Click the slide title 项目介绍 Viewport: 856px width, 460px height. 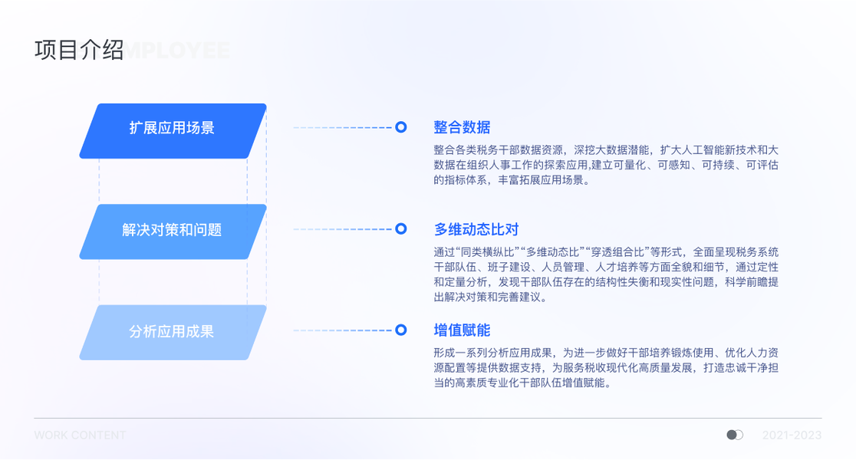point(79,51)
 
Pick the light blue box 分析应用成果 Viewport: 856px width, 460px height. point(173,332)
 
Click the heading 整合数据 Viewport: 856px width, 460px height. point(462,127)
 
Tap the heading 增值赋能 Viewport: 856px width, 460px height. point(462,330)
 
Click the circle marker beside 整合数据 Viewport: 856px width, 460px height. point(400,127)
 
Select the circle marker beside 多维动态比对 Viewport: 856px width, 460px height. point(400,228)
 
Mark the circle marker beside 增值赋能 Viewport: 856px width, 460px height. point(400,330)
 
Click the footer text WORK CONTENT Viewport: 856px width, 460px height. point(80,435)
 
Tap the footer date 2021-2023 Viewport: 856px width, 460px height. point(792,435)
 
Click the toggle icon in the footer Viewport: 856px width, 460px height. point(735,435)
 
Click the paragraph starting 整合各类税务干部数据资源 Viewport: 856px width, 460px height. point(606,165)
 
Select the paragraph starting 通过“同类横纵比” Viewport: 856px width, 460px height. point(606,274)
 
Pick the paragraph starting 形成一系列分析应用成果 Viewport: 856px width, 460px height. point(606,368)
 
